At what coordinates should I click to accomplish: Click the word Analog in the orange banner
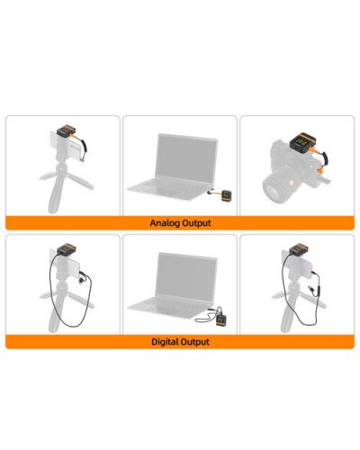click(165, 223)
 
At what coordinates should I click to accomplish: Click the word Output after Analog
click(196, 223)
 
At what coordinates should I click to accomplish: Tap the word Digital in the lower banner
click(165, 342)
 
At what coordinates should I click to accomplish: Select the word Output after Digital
click(195, 342)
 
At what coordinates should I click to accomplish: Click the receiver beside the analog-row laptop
click(227, 196)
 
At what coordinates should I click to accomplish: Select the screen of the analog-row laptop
click(185, 159)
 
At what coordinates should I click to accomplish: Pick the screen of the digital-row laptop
click(186, 277)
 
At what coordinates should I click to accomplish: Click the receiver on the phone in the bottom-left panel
click(67, 249)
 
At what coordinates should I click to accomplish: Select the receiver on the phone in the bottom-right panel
click(299, 249)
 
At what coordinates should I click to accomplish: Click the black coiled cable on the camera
click(324, 157)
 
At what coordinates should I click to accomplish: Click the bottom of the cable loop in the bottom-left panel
click(72, 326)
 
